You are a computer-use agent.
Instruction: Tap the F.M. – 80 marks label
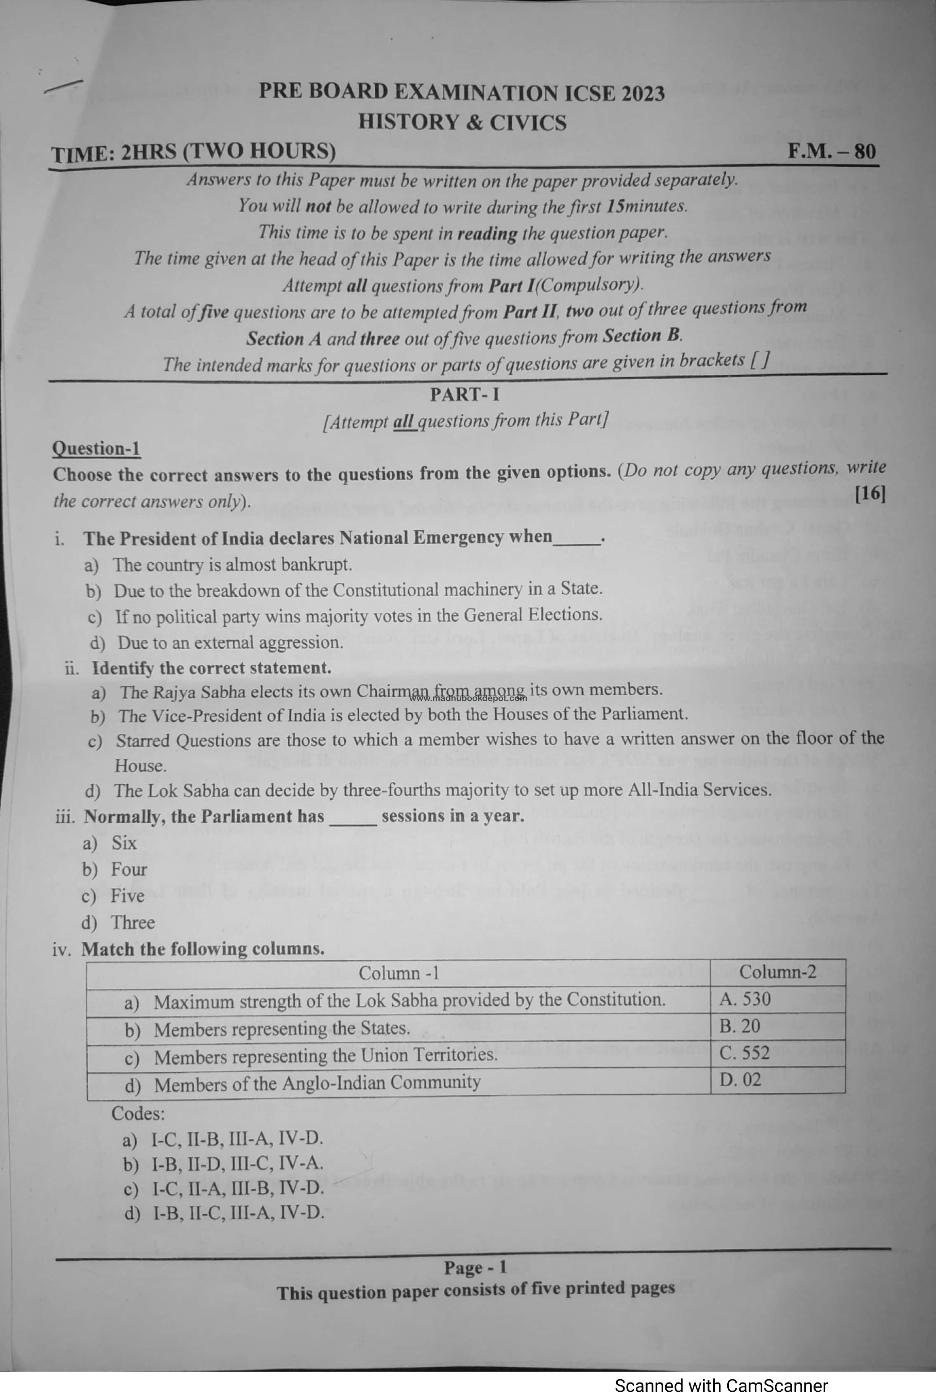click(832, 151)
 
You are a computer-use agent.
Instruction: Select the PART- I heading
click(465, 394)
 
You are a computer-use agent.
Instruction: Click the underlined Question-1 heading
click(97, 449)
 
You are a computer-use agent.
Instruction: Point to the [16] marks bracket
click(870, 493)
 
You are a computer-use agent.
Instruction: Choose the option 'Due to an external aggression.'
click(230, 642)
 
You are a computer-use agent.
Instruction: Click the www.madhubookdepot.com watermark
click(469, 698)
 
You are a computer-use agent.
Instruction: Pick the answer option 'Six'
click(124, 843)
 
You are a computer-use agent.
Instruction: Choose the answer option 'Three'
click(133, 922)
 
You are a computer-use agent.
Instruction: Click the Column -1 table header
click(399, 973)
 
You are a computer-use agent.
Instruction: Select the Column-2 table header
click(777, 972)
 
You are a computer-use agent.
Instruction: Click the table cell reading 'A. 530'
click(745, 999)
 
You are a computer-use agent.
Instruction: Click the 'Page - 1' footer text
click(475, 1267)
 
